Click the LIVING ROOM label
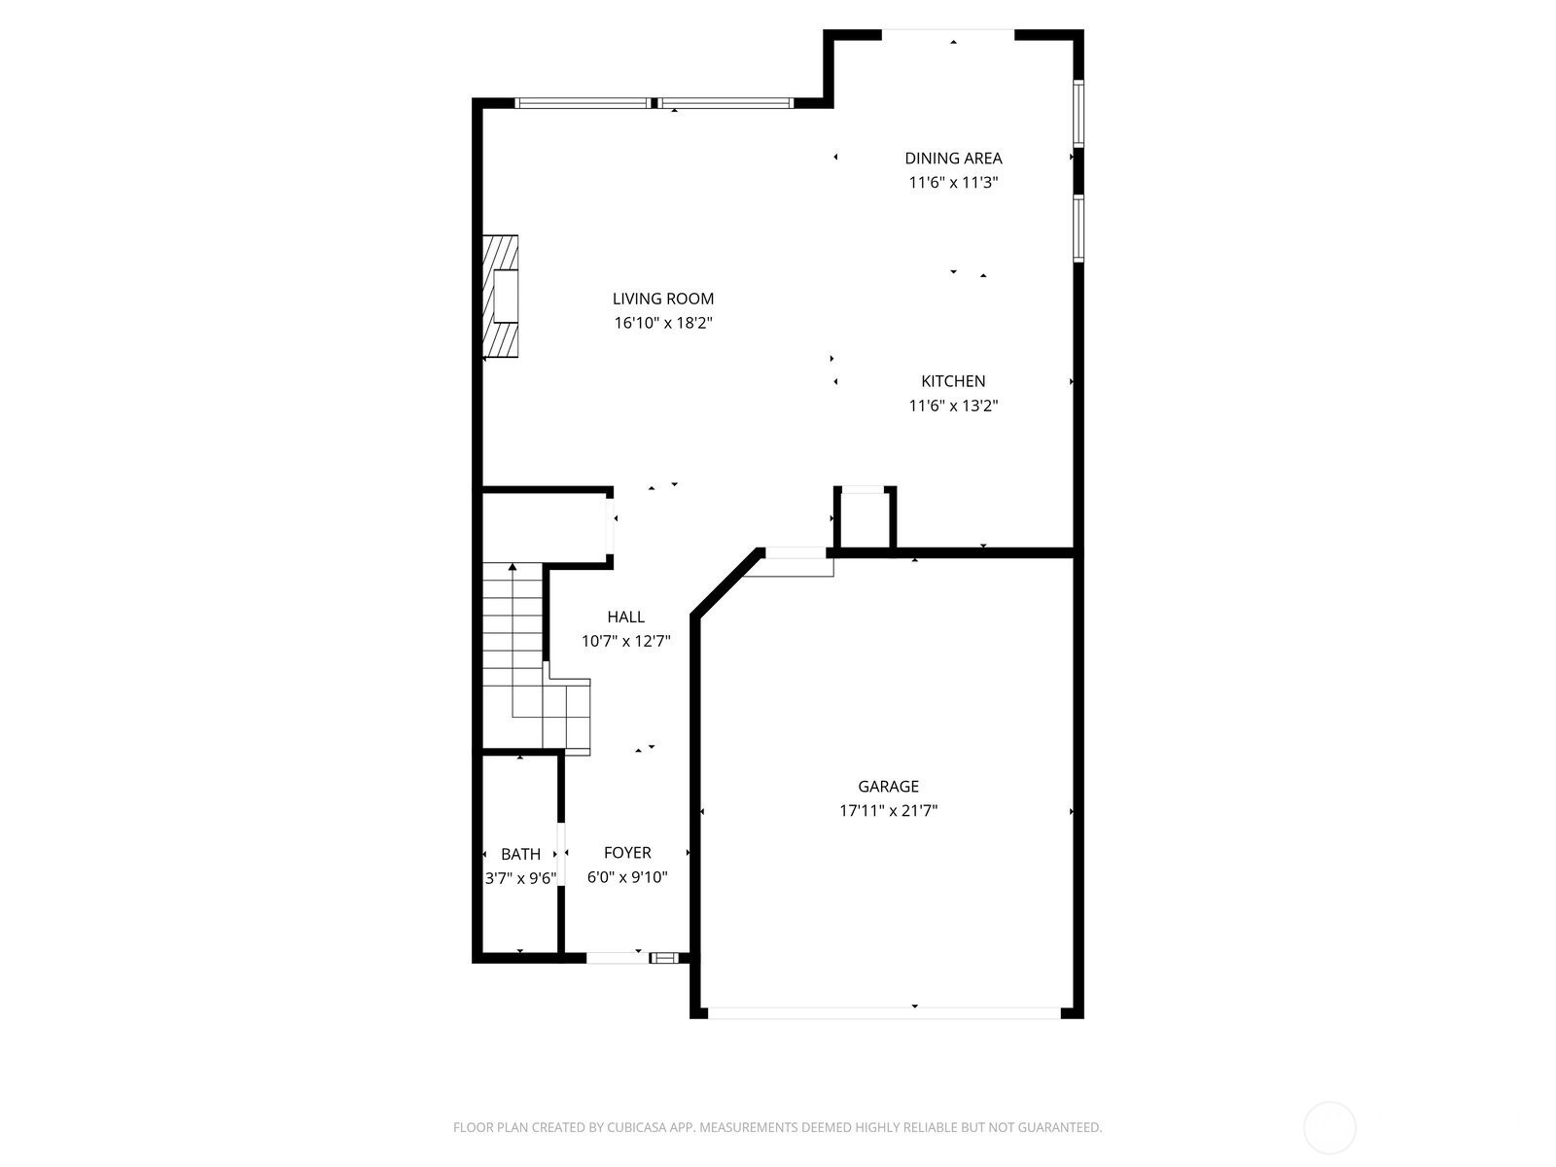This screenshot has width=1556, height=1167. (x=663, y=299)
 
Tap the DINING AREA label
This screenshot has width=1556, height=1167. (x=953, y=158)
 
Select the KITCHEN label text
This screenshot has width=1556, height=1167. (x=953, y=381)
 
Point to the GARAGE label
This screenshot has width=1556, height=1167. (x=888, y=786)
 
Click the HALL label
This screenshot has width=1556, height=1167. (x=626, y=617)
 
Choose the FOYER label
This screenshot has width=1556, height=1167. (x=627, y=853)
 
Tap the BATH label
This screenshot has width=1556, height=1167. (x=520, y=854)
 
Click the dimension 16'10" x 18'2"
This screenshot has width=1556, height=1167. (x=663, y=323)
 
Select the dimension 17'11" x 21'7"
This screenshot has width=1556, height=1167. (x=888, y=811)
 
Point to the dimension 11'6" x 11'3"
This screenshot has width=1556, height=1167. (x=953, y=182)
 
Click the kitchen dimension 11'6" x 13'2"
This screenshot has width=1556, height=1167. (x=953, y=406)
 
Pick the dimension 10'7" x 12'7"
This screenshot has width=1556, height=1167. (x=626, y=641)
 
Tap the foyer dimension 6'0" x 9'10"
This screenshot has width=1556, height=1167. (x=627, y=877)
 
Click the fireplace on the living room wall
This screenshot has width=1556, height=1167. (x=501, y=297)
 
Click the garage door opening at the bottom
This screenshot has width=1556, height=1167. (x=885, y=1013)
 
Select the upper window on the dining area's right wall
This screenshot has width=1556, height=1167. (x=1079, y=114)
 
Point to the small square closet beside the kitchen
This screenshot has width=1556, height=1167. (x=865, y=518)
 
